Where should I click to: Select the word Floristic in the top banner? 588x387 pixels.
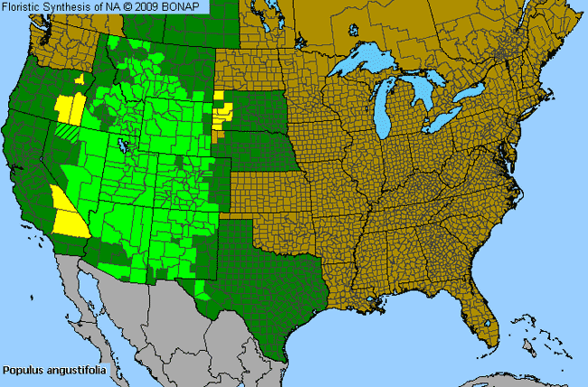tap(23, 7)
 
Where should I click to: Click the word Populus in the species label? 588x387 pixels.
tap(23, 370)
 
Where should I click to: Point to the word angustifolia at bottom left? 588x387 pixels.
tap(74, 370)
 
